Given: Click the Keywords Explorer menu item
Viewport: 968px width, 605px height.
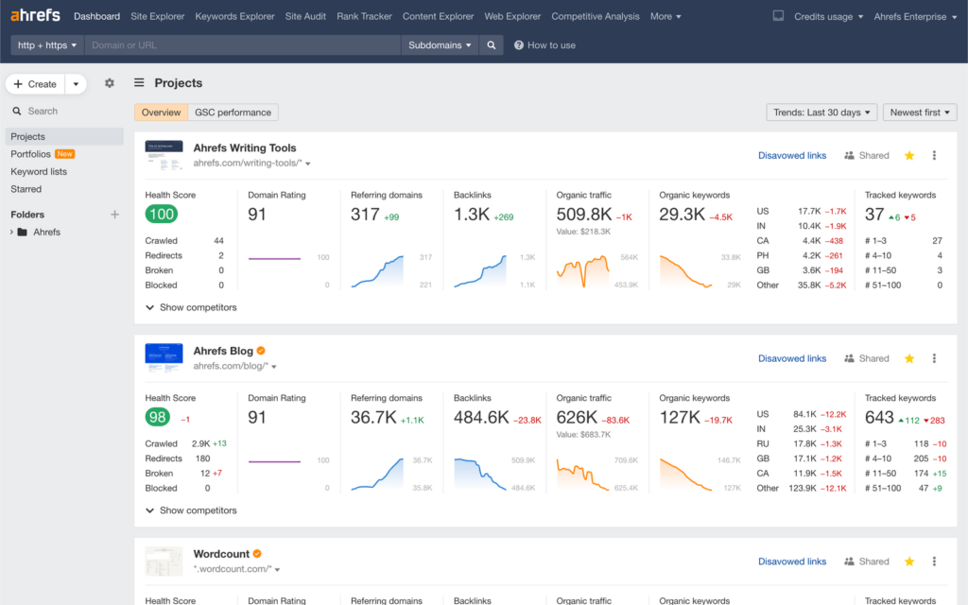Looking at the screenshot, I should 234,16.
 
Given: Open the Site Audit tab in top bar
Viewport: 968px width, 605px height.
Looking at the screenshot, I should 305,16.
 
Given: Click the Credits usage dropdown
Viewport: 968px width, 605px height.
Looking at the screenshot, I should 828,16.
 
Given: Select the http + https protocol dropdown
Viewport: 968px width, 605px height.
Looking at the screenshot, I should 47,44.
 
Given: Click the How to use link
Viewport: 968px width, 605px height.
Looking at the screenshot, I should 544,44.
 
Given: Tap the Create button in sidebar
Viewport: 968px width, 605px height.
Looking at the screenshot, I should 35,84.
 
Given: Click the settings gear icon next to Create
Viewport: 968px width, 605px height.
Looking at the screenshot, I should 110,83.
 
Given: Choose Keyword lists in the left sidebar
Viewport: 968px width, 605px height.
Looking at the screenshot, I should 39,171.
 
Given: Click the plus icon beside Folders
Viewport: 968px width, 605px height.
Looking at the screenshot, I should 114,215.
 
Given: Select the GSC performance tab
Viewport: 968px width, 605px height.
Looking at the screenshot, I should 233,112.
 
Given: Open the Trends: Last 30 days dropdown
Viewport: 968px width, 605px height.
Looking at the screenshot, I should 821,112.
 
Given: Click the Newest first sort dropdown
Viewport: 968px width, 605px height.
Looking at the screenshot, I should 922,112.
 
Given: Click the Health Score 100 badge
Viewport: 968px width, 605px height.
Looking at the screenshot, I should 161,215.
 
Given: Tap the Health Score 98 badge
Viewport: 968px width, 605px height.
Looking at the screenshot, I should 157,418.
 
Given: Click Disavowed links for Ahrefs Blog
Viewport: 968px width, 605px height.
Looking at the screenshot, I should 792,358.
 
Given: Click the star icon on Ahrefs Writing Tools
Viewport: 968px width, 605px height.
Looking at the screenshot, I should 909,155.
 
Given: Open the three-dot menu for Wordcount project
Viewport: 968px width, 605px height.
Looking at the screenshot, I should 934,562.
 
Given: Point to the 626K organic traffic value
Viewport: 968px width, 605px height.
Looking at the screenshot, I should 577,417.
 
